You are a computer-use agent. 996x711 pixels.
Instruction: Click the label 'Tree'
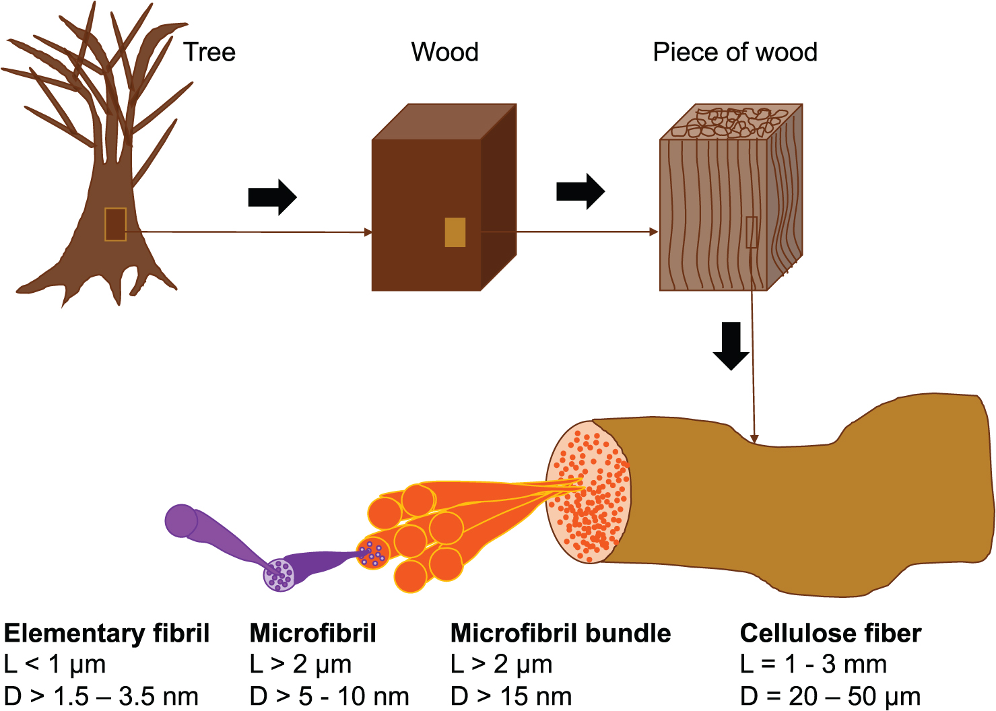pyautogui.click(x=209, y=52)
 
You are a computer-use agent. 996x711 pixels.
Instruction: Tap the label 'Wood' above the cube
pyautogui.click(x=444, y=52)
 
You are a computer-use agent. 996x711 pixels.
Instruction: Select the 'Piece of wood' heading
pyautogui.click(x=735, y=52)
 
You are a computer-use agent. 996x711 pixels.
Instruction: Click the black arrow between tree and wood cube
pyautogui.click(x=272, y=197)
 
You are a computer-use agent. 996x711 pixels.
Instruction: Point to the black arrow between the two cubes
pyautogui.click(x=580, y=192)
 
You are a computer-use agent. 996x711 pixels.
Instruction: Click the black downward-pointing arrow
pyautogui.click(x=731, y=345)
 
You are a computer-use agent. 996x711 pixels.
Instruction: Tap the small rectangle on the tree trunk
pyautogui.click(x=115, y=224)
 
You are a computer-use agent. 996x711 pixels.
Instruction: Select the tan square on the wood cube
pyautogui.click(x=455, y=232)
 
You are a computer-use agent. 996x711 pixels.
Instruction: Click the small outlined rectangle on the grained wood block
pyautogui.click(x=752, y=232)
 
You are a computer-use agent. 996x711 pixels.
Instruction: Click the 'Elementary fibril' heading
pyautogui.click(x=106, y=634)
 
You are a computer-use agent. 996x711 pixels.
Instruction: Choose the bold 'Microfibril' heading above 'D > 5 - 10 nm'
pyautogui.click(x=312, y=634)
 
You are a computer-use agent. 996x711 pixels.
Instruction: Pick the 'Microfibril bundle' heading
pyautogui.click(x=560, y=634)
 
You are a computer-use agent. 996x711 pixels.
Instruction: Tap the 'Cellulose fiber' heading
pyautogui.click(x=830, y=634)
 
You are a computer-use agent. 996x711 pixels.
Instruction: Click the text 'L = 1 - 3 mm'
pyautogui.click(x=813, y=665)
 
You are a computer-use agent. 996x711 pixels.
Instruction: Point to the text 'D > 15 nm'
pyautogui.click(x=511, y=696)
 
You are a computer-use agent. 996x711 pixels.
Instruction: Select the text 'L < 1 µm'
pyautogui.click(x=55, y=665)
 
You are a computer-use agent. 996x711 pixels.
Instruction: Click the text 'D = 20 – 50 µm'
pyautogui.click(x=830, y=696)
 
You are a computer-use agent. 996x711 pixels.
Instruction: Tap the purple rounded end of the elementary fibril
pyautogui.click(x=180, y=520)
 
